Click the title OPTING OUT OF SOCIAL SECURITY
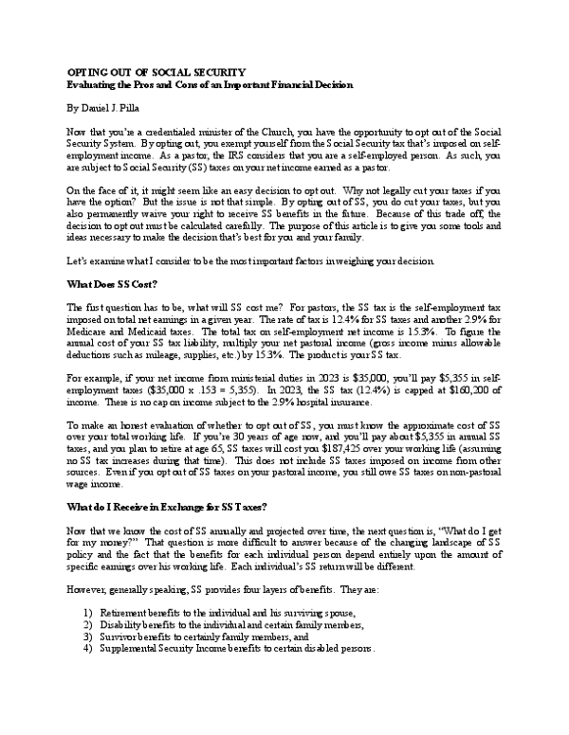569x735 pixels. [x=156, y=72]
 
